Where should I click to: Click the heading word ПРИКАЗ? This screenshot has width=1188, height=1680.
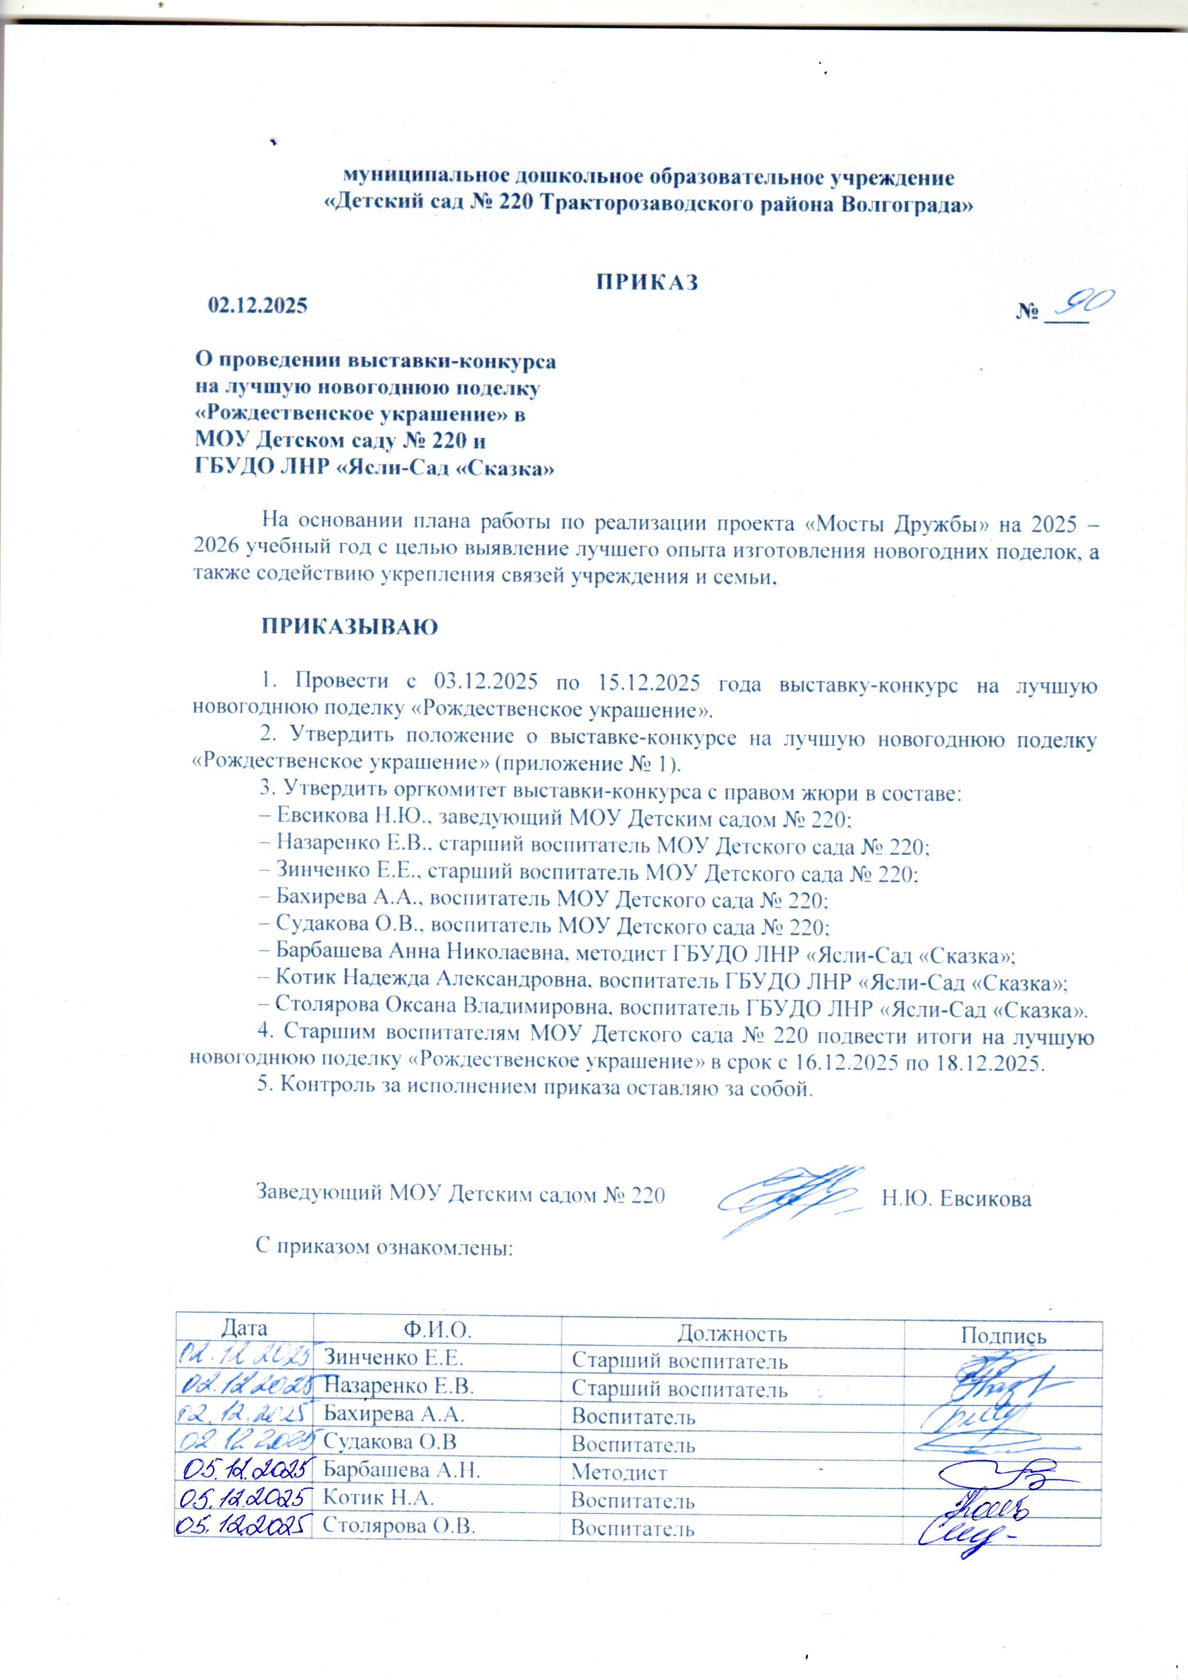[648, 282]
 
